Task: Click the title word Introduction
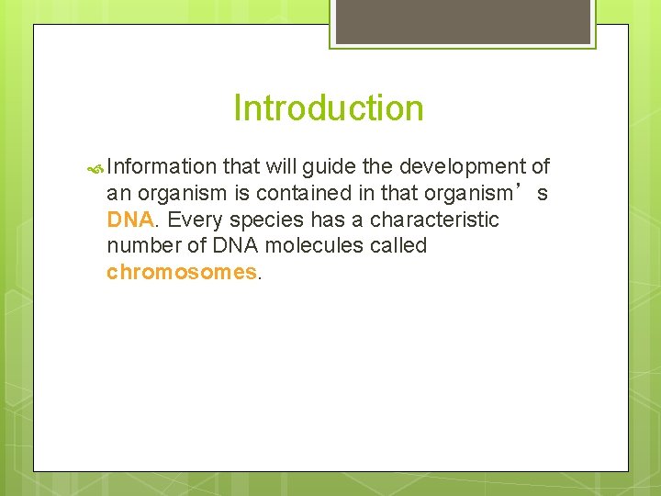tap(329, 108)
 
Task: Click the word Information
tap(162, 167)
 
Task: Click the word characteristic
tap(434, 220)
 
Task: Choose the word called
tap(398, 246)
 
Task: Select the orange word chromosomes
tap(182, 273)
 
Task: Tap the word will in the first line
tap(281, 167)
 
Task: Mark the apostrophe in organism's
tap(523, 188)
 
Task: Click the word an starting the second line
tap(118, 194)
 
